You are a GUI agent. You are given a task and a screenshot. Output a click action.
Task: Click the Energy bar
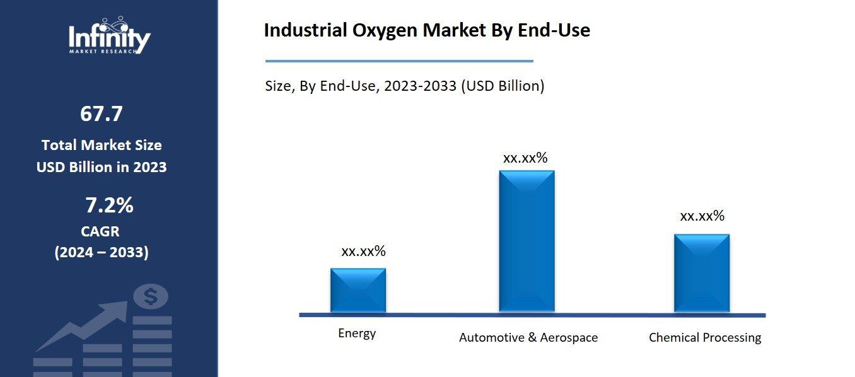tap(358, 290)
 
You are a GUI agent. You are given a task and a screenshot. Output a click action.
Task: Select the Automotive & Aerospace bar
tap(526, 241)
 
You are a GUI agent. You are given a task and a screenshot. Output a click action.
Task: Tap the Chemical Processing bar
tap(701, 273)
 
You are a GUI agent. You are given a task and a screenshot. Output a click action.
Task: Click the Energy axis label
tap(357, 333)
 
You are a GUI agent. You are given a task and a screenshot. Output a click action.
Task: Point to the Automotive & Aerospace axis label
tap(528, 337)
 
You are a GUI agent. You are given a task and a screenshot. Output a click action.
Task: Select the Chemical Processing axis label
tap(704, 338)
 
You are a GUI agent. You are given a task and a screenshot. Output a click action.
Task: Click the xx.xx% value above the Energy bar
tap(363, 252)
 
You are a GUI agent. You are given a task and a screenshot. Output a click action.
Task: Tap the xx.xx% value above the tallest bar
tap(525, 158)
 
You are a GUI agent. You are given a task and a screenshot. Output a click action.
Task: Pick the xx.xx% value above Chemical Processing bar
tap(702, 216)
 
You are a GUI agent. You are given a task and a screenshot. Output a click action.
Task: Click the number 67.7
tap(101, 114)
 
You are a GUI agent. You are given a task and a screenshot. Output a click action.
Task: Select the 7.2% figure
tap(109, 206)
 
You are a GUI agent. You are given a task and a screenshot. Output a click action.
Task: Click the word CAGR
tap(100, 231)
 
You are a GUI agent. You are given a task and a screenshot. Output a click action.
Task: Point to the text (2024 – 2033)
tap(102, 253)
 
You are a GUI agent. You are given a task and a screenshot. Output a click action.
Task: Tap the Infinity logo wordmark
tap(109, 38)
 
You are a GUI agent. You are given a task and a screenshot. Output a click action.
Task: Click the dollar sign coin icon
tap(150, 296)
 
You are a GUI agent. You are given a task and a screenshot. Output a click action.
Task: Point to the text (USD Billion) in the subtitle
tap(502, 86)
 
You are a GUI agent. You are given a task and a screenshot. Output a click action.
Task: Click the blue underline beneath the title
tap(398, 61)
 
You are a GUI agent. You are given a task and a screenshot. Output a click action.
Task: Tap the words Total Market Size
tap(102, 145)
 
